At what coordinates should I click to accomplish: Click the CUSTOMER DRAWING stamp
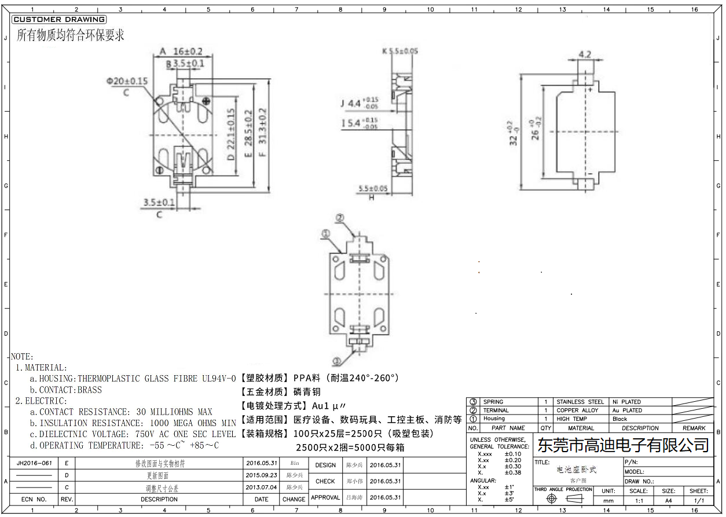[x=58, y=20]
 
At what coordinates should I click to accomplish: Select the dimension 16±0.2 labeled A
[x=185, y=51]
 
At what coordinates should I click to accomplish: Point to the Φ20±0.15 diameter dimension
[x=127, y=81]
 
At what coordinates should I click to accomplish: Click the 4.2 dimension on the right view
[x=585, y=55]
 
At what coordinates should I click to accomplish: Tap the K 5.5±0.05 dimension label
[x=400, y=52]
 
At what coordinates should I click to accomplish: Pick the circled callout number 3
[x=336, y=361]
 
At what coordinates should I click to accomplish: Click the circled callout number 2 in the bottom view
[x=340, y=218]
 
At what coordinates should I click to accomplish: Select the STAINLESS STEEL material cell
[x=580, y=402]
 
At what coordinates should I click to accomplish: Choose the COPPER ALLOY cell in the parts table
[x=577, y=410]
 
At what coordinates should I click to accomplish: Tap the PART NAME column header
[x=508, y=428]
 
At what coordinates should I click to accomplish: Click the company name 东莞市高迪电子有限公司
[x=623, y=445]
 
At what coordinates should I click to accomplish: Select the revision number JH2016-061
[x=34, y=464]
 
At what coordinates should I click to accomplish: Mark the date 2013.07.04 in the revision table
[x=261, y=488]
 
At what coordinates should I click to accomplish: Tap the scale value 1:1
[x=639, y=500]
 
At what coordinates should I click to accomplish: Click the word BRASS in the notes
[x=89, y=390]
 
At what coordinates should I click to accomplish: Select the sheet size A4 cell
[x=669, y=500]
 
